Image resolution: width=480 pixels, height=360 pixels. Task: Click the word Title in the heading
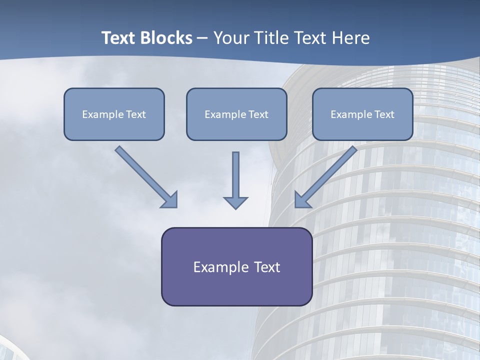pos(270,38)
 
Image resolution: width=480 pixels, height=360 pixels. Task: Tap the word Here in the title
pos(352,38)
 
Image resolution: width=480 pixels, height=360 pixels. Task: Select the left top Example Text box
pos(114,114)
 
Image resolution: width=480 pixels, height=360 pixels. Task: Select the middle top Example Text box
pos(236,114)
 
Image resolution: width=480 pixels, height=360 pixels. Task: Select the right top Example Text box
pos(362,114)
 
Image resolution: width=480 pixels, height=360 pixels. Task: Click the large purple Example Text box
pos(236,266)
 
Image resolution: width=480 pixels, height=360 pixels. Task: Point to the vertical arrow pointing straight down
pos(235,177)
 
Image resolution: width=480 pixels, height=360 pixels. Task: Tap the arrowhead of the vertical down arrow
pos(235,202)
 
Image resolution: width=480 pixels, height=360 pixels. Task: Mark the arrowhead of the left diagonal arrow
pos(170,200)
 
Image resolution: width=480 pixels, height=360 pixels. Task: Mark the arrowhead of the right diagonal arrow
pos(302,200)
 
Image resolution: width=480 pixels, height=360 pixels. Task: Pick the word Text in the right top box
pos(384,114)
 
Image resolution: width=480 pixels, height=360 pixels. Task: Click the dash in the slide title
pos(202,38)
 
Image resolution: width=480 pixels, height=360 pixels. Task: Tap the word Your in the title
pos(230,38)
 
